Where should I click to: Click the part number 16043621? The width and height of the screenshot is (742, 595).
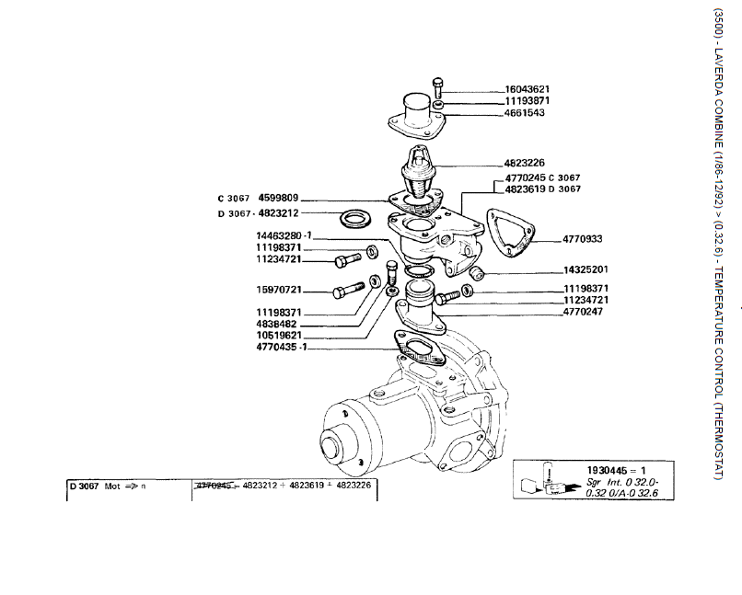(x=527, y=89)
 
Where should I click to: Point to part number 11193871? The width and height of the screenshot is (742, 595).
(x=527, y=101)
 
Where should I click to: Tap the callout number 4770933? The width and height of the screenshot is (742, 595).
(x=582, y=239)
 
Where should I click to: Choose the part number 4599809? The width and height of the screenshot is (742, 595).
(x=279, y=198)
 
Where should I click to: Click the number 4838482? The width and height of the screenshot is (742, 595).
(x=279, y=324)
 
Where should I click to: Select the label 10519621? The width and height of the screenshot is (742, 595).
(x=279, y=336)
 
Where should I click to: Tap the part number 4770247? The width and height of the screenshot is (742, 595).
(x=585, y=312)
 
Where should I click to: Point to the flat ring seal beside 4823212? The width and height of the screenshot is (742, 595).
(x=354, y=220)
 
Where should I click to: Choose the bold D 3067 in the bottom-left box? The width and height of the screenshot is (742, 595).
(x=84, y=485)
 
